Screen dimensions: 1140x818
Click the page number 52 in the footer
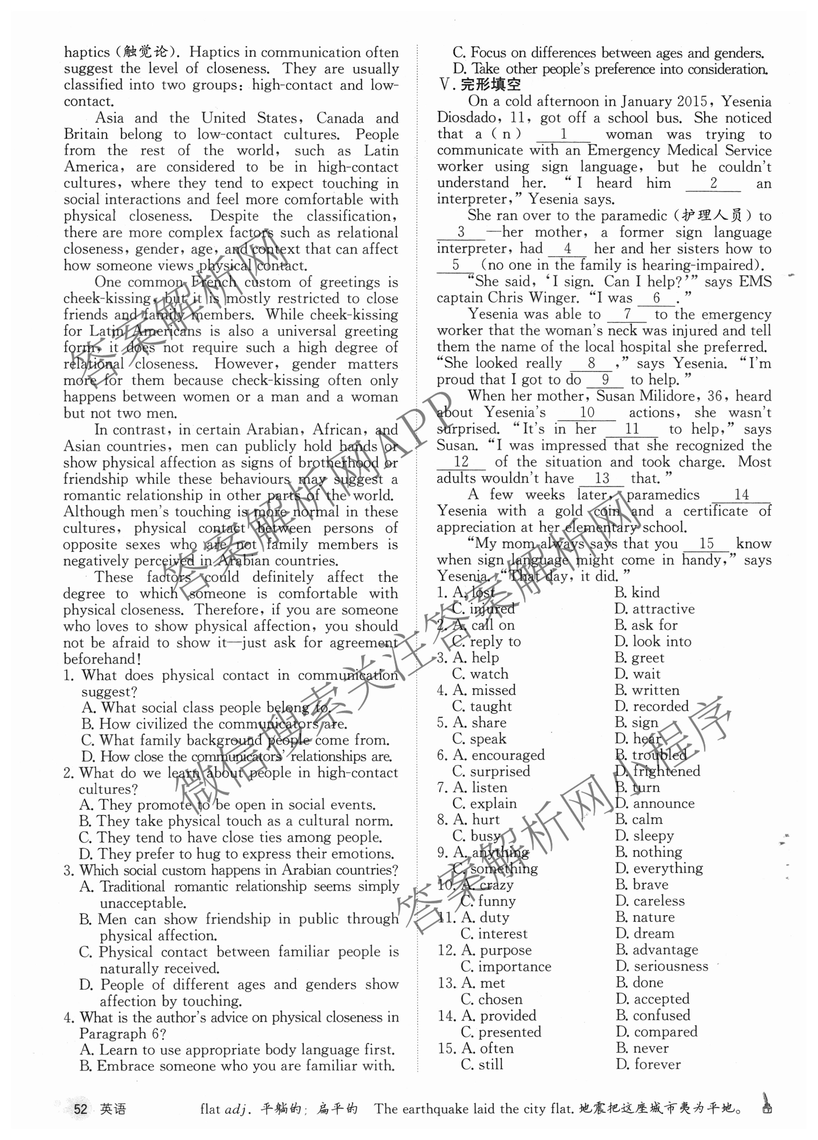tap(80, 1108)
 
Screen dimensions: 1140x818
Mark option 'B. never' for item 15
tap(642, 1048)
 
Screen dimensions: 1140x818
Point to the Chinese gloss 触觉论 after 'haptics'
tap(146, 52)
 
